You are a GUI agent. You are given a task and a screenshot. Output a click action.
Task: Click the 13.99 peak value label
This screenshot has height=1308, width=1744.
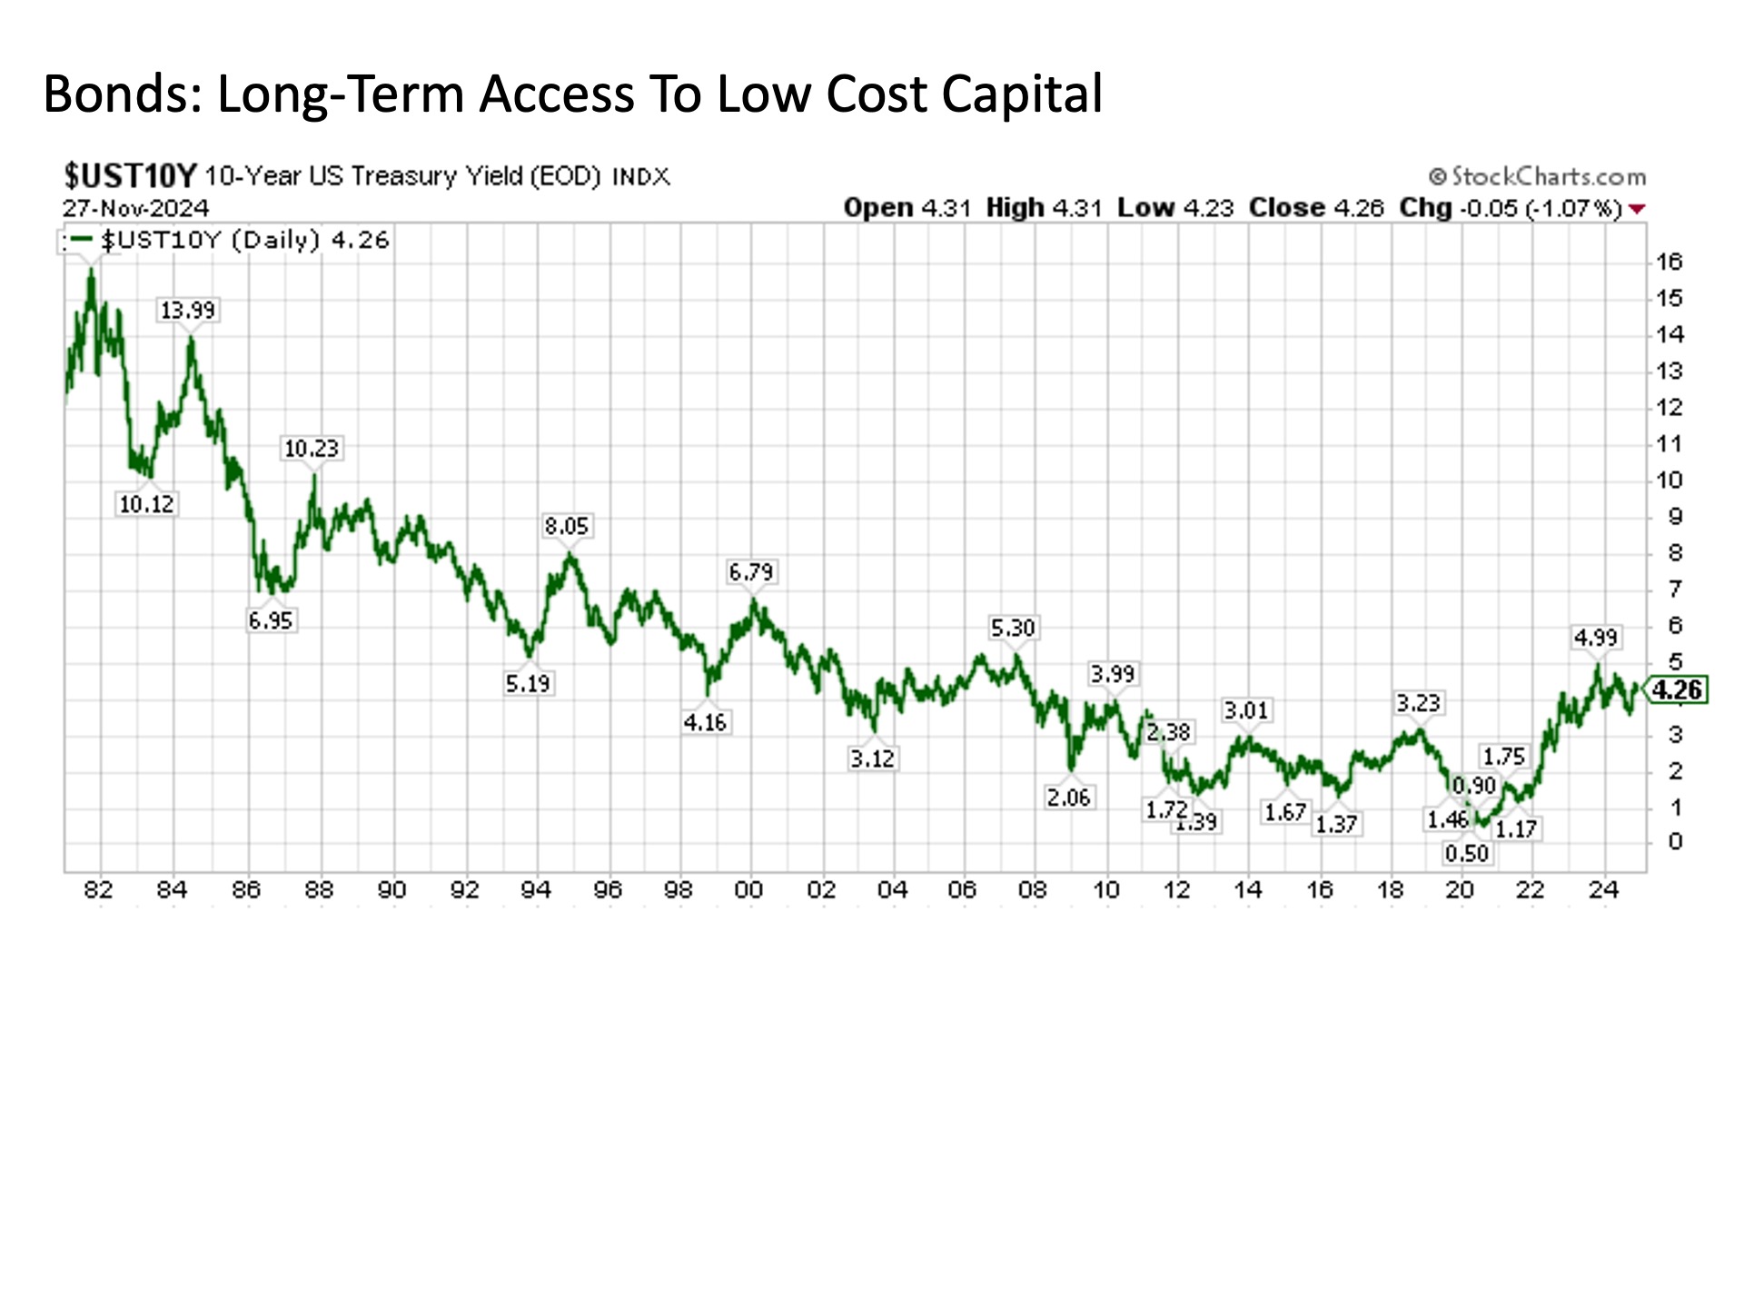tap(188, 311)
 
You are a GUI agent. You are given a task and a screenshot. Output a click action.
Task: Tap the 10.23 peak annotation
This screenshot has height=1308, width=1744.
tap(312, 449)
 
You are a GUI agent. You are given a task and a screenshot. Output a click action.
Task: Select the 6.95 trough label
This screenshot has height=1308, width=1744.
tap(271, 621)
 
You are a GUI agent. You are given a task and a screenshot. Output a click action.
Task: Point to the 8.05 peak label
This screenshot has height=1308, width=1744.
tap(567, 526)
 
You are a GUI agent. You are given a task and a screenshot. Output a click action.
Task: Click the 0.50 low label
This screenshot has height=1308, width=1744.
tap(1467, 854)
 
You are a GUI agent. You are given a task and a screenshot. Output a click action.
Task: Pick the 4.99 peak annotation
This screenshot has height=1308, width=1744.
tap(1596, 638)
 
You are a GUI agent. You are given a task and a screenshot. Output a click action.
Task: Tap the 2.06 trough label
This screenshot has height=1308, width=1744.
tap(1068, 798)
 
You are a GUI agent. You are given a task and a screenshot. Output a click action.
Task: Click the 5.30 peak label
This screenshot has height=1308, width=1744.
tap(1013, 628)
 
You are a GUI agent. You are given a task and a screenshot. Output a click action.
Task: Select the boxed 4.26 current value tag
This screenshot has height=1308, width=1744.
tap(1677, 690)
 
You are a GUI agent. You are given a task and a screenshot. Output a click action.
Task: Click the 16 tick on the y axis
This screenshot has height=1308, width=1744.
tap(1670, 263)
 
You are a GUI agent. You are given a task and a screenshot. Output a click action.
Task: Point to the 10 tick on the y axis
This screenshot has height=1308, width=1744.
tap(1670, 481)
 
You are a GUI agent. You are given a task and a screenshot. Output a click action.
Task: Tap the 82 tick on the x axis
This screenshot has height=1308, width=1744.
tap(98, 890)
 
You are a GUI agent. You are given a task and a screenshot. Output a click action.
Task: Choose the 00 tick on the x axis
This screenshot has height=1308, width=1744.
tap(749, 890)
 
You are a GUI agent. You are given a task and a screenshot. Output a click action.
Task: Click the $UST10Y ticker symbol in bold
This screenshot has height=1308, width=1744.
tap(130, 175)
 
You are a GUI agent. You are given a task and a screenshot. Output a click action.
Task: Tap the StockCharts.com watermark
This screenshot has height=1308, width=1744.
tap(1538, 176)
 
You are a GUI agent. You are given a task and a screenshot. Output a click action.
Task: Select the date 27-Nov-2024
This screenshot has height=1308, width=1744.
tap(136, 208)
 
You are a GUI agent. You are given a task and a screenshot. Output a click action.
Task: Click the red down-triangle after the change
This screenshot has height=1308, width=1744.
tap(1637, 209)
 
